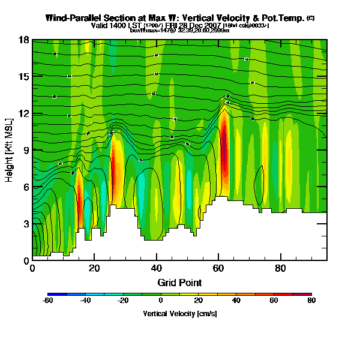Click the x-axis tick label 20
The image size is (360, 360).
click(94, 268)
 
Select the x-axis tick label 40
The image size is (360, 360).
click(156, 268)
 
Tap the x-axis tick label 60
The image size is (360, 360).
click(218, 268)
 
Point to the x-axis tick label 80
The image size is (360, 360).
click(280, 268)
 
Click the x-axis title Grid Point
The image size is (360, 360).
click(179, 282)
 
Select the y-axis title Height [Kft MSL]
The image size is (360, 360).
click(10, 150)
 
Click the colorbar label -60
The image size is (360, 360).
click(48, 300)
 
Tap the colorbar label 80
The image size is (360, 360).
click(310, 300)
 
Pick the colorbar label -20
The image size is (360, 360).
click(123, 300)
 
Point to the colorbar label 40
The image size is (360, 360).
click(235, 300)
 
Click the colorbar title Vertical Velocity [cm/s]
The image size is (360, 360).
click(179, 313)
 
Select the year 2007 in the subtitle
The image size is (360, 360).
click(212, 25)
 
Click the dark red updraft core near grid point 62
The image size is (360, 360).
click(224, 150)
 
